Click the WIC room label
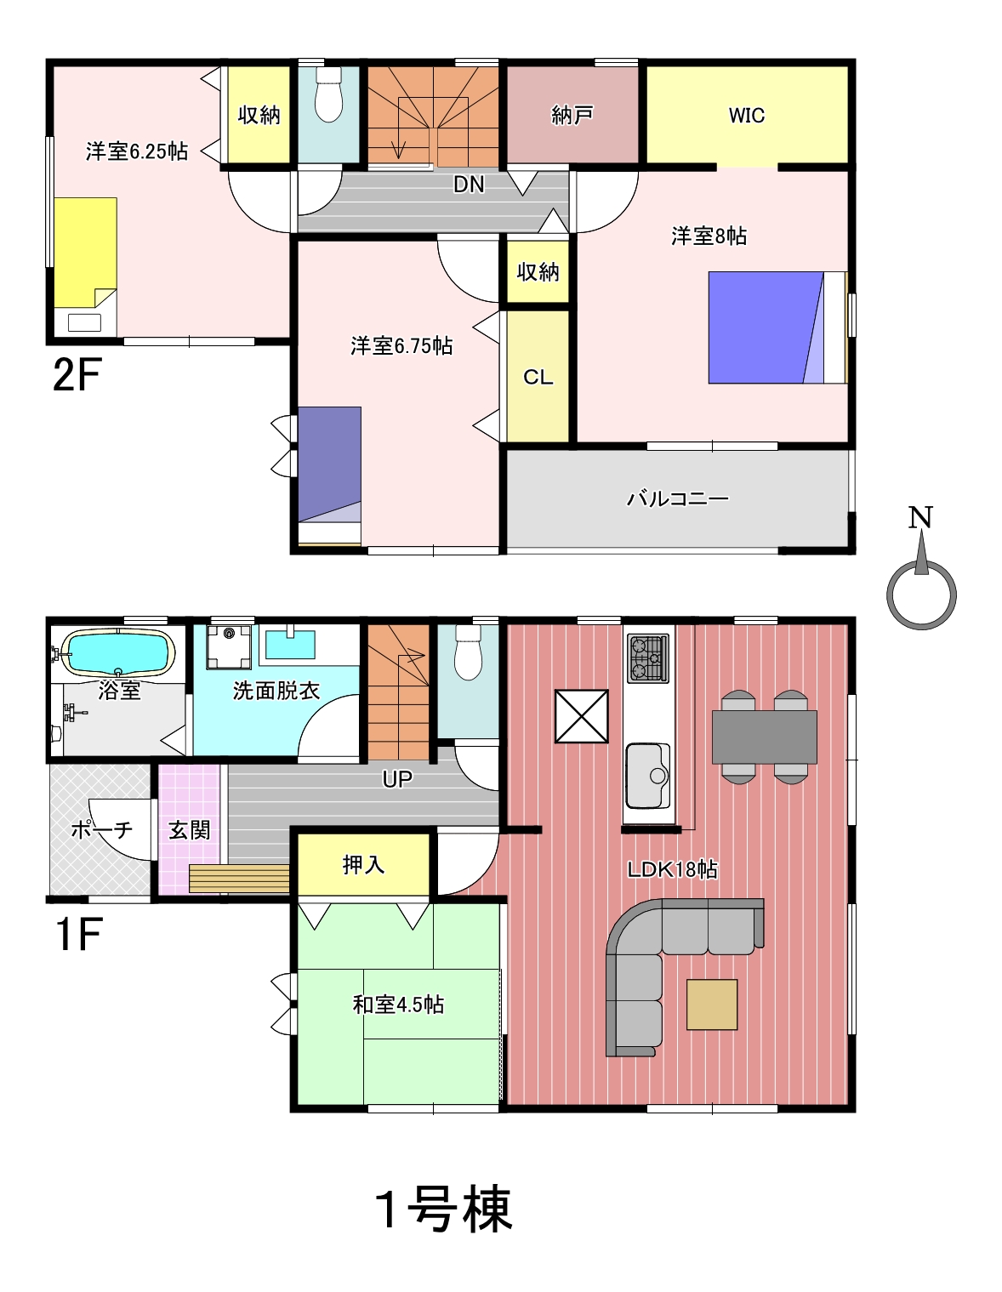point(747,115)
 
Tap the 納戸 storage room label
point(572,115)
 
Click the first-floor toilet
point(469,652)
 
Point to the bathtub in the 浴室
point(117,652)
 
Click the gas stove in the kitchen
point(648,657)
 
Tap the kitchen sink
point(648,775)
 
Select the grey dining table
point(765,737)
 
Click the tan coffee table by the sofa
point(712,1005)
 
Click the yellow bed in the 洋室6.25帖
point(85,253)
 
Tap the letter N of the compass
point(920,518)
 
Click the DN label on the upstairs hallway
point(469,185)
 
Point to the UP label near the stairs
point(397,779)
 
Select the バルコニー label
point(678,498)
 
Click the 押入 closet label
point(363,864)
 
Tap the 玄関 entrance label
point(190,830)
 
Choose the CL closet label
point(538,377)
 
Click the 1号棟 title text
point(443,1209)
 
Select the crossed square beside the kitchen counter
point(581,716)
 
